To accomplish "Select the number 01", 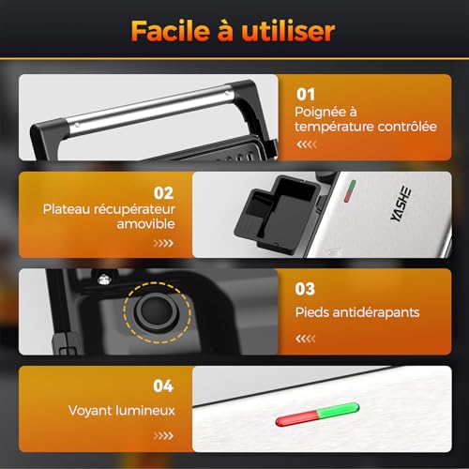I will coord(306,95).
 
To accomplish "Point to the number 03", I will coord(306,290).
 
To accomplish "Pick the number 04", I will coord(163,385).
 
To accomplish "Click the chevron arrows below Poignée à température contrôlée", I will coord(307,145).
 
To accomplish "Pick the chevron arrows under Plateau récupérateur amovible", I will coord(164,243).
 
